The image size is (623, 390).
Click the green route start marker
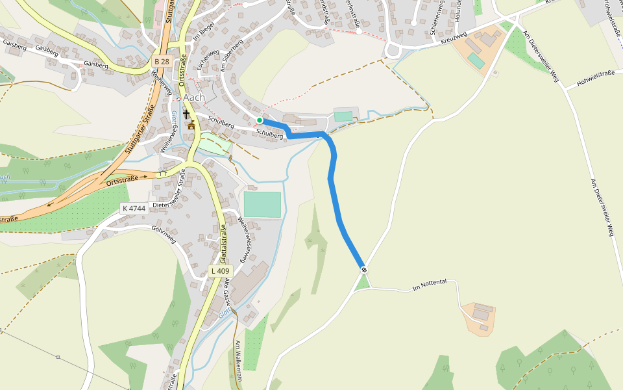point(260,120)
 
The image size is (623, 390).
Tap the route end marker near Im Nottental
point(364,269)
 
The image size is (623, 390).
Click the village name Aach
point(193,97)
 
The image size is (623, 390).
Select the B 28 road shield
point(162,61)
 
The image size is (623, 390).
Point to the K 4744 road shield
point(134,209)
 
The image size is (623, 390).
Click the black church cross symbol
point(186,114)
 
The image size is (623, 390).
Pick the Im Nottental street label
point(430,284)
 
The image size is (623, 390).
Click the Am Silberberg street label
point(231,55)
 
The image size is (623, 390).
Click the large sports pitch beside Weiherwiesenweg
point(262,204)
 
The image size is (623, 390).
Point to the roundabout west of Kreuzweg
point(394,50)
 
